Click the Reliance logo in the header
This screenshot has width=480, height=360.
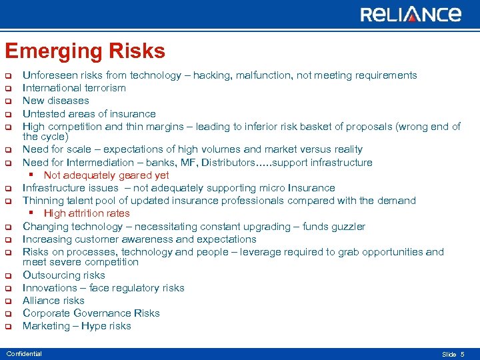click(411, 15)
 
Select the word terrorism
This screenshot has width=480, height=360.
click(103, 88)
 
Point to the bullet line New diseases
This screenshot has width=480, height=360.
click(56, 101)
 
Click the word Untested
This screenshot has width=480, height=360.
click(43, 114)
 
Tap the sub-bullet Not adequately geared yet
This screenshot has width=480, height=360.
click(107, 175)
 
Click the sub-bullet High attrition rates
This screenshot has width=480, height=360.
click(87, 213)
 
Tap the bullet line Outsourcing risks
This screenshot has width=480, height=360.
click(64, 275)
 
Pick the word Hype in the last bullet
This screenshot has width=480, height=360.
click(95, 326)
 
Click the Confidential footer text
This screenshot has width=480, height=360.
click(24, 354)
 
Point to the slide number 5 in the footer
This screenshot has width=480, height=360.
click(463, 354)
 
